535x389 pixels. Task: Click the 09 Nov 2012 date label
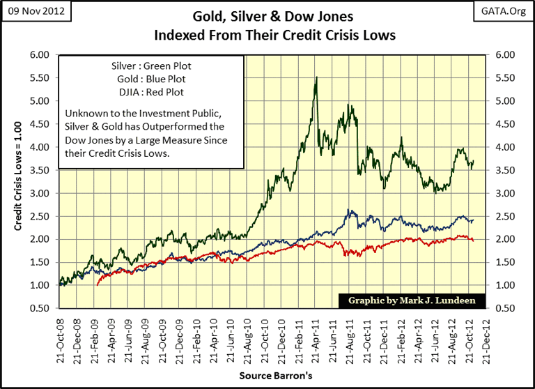pyautogui.click(x=35, y=12)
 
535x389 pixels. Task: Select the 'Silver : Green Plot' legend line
pyautogui.click(x=151, y=66)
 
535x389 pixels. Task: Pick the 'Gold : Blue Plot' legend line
pyautogui.click(x=151, y=79)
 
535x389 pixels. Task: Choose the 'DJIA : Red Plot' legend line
pyautogui.click(x=151, y=91)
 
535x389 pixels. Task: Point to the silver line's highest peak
pyautogui.click(x=317, y=77)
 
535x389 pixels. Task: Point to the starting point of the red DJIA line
pyautogui.click(x=97, y=285)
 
